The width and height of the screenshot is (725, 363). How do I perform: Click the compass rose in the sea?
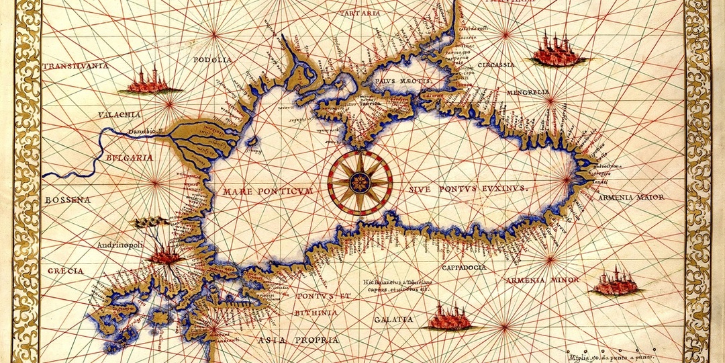[360, 182]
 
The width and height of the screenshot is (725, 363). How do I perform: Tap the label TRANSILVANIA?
[75, 67]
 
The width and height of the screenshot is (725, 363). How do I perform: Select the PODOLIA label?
[212, 60]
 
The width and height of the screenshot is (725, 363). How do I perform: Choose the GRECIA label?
[66, 270]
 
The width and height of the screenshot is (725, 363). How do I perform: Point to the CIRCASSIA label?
[497, 65]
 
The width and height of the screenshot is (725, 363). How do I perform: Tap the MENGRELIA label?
[528, 91]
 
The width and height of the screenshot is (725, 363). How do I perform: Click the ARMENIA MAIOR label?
[633, 198]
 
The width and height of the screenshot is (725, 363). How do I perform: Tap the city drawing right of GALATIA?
[450, 317]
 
